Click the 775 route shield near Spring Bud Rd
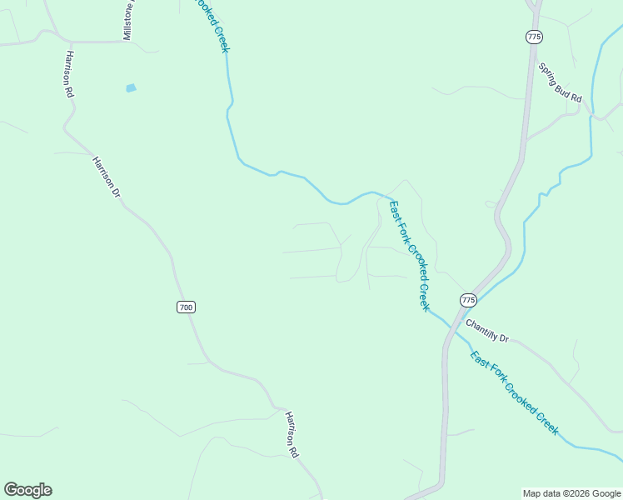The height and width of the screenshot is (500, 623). click(534, 37)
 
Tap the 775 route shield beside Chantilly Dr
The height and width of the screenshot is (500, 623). click(468, 299)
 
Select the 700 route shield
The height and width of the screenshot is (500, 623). click(186, 307)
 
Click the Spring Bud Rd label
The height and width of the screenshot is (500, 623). click(559, 82)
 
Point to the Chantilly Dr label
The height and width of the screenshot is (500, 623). click(486, 331)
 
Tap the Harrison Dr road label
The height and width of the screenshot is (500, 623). click(107, 177)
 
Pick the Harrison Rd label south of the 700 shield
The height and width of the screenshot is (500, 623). click(292, 435)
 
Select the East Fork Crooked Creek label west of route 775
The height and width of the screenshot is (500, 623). click(410, 255)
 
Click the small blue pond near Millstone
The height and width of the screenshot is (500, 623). click(131, 87)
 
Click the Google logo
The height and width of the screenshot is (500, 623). click(27, 490)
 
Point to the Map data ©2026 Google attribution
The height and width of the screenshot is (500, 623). click(571, 493)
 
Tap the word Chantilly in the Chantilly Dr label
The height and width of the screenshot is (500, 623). click(482, 328)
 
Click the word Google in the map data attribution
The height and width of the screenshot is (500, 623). click(606, 493)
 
